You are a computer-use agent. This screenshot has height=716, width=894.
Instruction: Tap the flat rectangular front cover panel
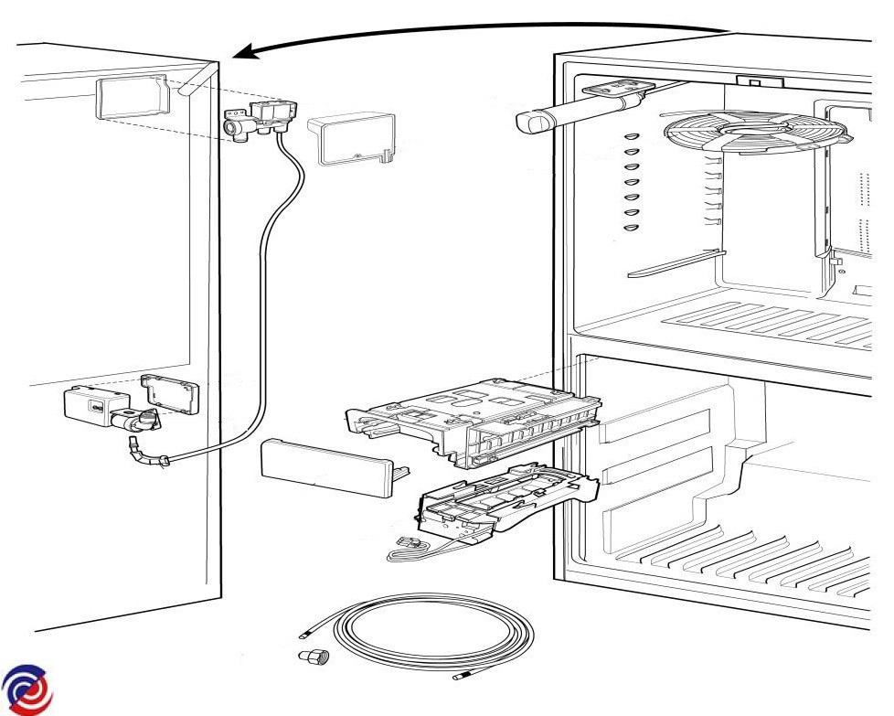click(x=327, y=466)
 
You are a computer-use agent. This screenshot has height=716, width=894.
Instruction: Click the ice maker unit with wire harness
click(x=498, y=508)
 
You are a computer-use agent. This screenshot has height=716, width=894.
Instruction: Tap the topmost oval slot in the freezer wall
click(x=630, y=136)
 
